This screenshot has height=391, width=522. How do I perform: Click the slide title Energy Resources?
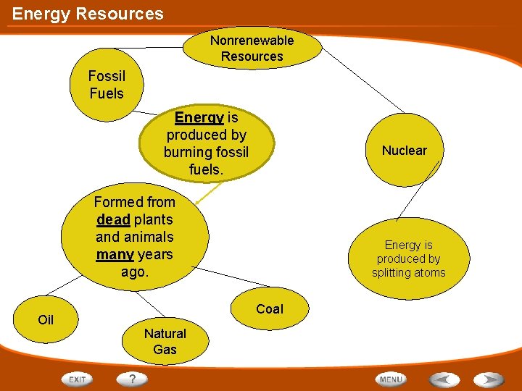88,14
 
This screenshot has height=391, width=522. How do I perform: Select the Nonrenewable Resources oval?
252,48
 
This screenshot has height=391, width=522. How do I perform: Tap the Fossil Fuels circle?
107,85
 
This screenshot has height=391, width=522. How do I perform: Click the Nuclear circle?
404,151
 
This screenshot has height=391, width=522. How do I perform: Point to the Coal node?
270,309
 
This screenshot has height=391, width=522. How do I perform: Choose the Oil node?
46,319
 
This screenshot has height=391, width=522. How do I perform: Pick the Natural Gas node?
165,341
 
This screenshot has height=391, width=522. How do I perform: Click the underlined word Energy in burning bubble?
199,117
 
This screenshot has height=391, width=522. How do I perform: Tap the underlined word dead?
113,219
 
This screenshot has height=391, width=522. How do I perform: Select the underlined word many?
114,254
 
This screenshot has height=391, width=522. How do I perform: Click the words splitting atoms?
408,273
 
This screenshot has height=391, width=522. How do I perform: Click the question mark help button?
133,379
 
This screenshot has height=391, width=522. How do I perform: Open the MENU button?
391,379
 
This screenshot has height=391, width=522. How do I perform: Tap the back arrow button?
444,379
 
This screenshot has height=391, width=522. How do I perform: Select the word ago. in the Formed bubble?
134,272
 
